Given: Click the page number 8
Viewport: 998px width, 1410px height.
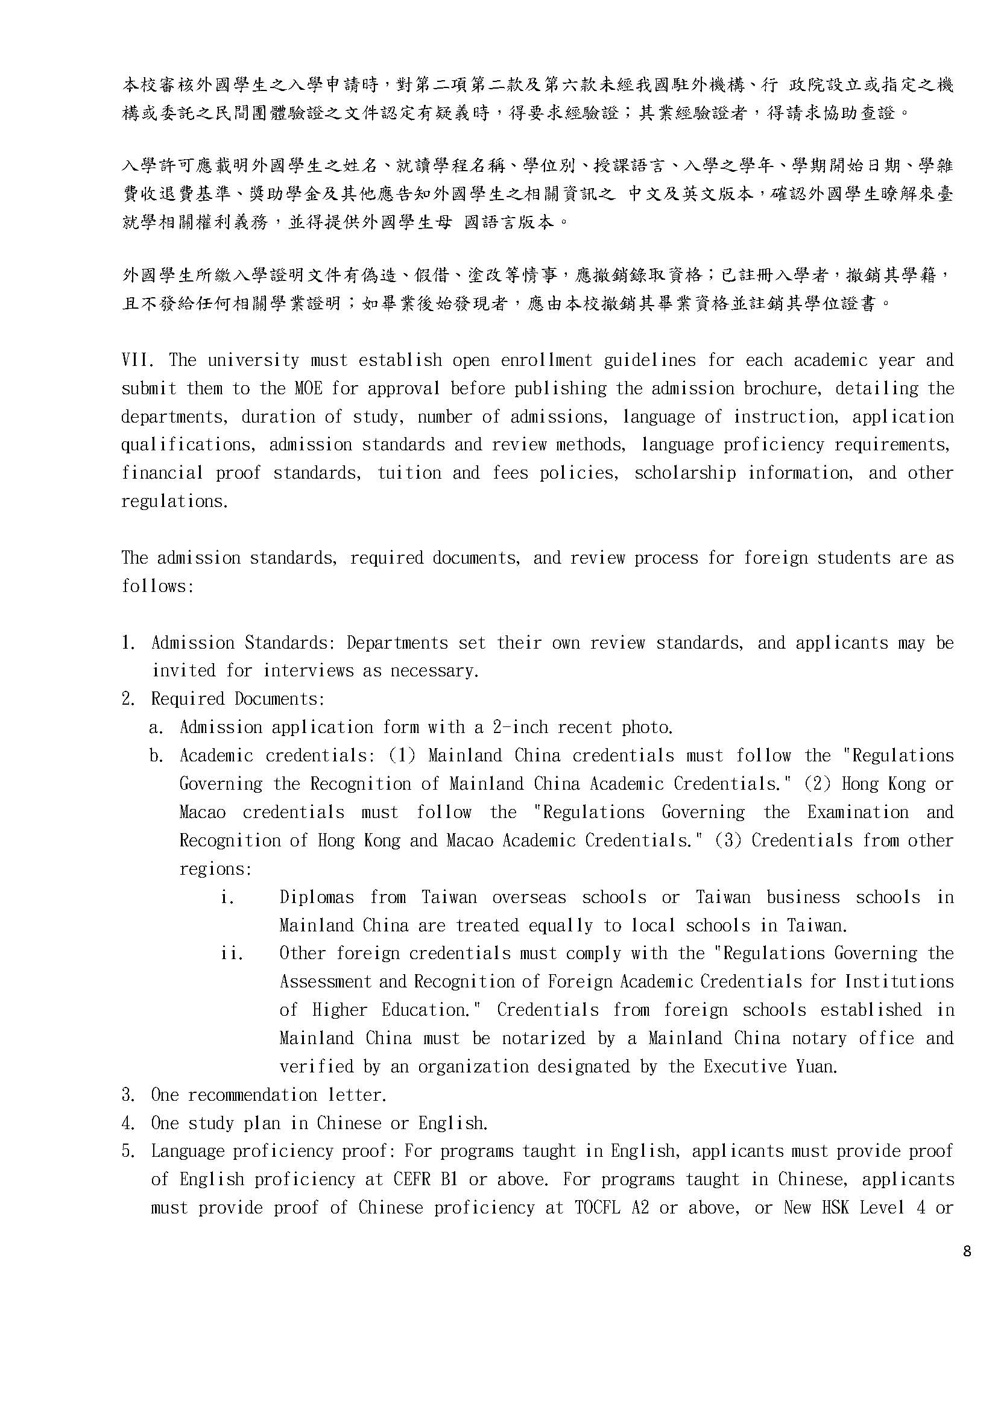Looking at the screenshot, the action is (967, 1251).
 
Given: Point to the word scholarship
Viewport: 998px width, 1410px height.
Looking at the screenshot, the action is (685, 473).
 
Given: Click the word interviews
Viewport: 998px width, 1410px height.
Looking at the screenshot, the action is (308, 670).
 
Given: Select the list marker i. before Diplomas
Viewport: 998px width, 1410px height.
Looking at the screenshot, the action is (227, 897).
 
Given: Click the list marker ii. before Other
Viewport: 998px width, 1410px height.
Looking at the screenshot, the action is (232, 953).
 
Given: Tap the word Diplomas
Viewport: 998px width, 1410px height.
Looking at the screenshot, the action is (317, 897).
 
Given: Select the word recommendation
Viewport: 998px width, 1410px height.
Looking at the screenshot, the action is (252, 1094).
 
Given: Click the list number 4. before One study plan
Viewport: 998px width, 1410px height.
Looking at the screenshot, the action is (128, 1122).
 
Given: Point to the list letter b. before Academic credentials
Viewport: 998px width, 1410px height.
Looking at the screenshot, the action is (156, 755).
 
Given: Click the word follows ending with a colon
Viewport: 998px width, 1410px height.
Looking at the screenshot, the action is (157, 586).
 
